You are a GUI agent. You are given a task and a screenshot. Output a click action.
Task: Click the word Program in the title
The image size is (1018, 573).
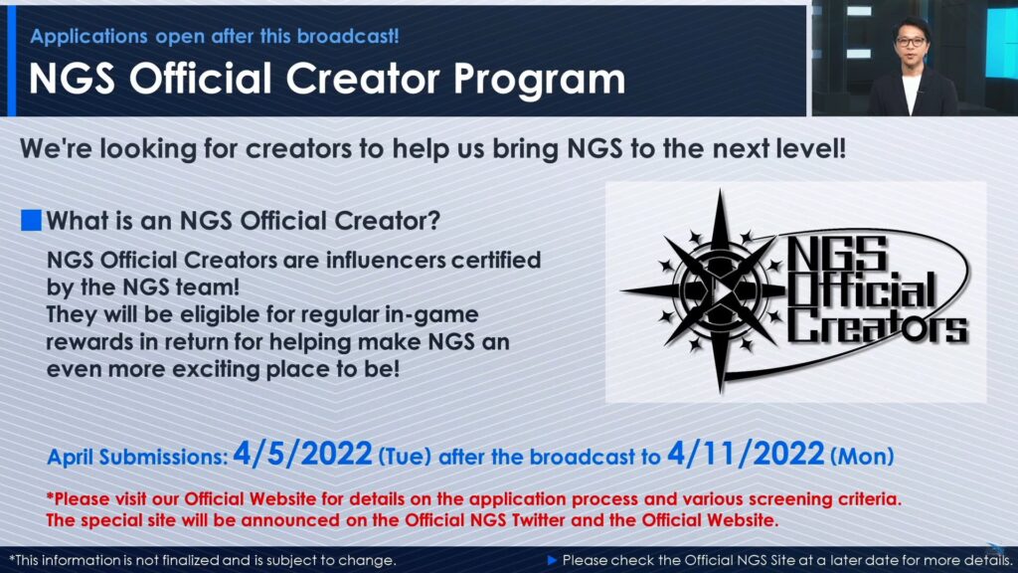(539, 80)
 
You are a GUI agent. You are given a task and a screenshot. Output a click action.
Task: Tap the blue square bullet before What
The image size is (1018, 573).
(31, 220)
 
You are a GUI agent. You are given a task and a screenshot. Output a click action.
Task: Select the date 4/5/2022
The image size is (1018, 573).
(302, 454)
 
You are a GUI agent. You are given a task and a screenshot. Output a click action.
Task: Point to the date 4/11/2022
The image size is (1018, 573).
(746, 454)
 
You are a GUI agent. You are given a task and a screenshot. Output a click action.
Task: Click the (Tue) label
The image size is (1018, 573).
(405, 456)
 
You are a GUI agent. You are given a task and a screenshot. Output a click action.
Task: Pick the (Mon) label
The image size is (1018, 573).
(862, 456)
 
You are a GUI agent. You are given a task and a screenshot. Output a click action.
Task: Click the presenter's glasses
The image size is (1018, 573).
(911, 42)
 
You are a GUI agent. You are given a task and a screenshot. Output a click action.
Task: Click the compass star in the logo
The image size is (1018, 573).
(720, 290)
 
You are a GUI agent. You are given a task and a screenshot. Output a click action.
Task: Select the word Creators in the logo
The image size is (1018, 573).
(878, 325)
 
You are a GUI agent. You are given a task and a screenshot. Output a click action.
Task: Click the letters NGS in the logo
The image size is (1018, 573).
(837, 254)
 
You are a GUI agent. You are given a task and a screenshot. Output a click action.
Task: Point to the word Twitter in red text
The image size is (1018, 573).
(538, 520)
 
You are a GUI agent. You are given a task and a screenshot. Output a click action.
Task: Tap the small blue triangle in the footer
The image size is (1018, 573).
(552, 560)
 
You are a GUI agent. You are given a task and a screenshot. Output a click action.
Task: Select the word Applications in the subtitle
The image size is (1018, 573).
(88, 37)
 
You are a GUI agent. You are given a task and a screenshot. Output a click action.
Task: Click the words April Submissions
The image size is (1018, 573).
(137, 457)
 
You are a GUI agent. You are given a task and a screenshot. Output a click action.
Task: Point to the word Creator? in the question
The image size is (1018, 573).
(387, 221)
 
